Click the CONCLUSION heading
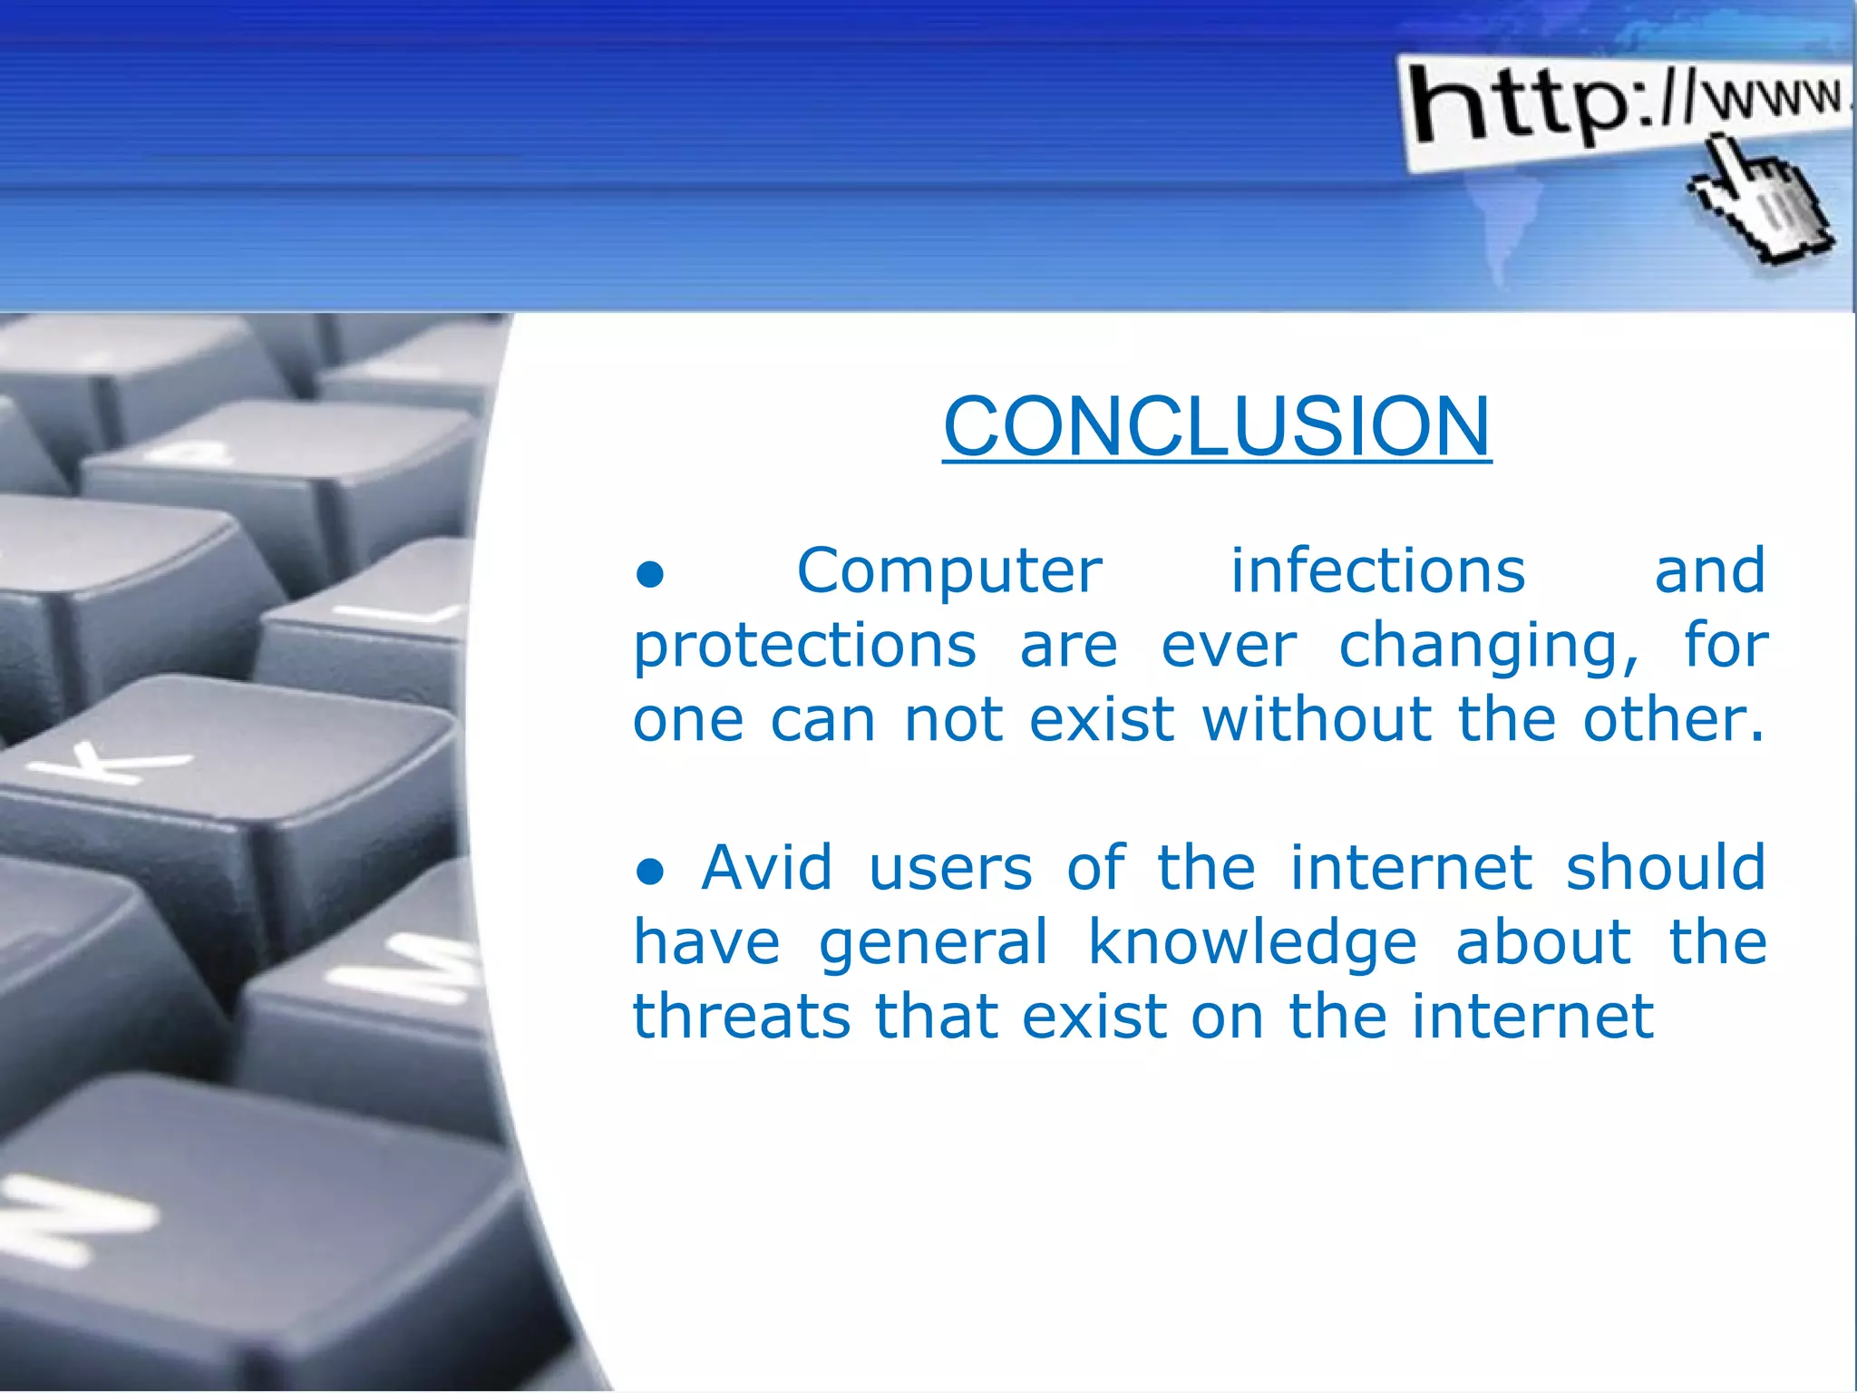[1217, 425]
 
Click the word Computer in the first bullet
[948, 571]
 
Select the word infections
[1377, 571]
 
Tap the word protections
[804, 647]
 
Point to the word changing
[1488, 647]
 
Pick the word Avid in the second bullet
[766, 868]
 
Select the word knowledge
[1251, 942]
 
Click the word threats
[742, 1017]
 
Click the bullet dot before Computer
[650, 575]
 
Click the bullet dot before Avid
[650, 872]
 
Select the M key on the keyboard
[408, 970]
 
